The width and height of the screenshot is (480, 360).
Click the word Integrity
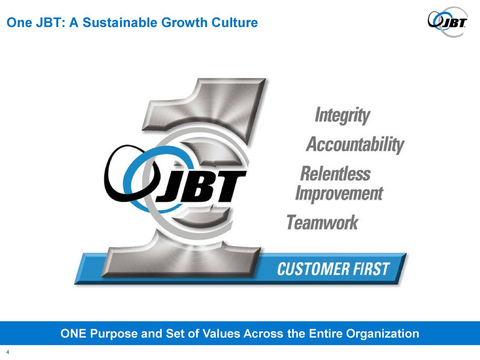(342, 116)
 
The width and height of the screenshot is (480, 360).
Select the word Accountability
(355, 145)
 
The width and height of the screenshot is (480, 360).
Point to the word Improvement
(339, 194)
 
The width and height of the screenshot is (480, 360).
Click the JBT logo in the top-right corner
(448, 22)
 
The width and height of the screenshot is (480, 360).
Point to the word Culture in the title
(235, 23)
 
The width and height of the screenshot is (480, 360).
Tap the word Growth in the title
(184, 23)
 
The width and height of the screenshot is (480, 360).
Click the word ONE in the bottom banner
(73, 333)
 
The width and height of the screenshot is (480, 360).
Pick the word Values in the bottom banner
(221, 333)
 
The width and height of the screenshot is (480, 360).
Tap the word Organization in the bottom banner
(382, 333)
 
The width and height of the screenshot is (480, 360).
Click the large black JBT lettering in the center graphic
(204, 186)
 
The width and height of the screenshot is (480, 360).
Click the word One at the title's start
(18, 23)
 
